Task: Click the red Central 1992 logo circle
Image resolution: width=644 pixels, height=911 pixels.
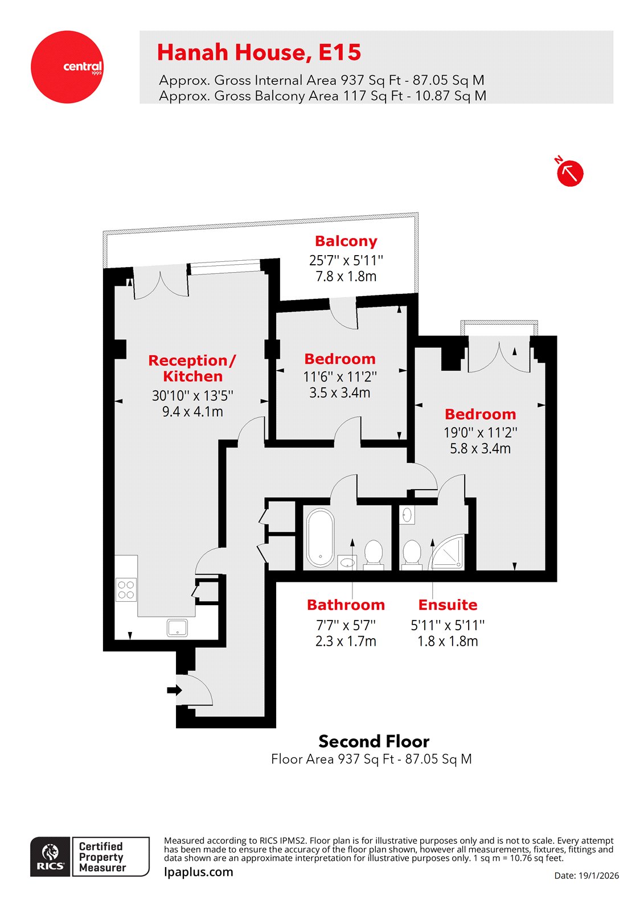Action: click(x=67, y=67)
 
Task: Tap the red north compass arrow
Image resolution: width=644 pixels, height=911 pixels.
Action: click(x=569, y=173)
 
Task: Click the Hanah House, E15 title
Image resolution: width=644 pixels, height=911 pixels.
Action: click(x=259, y=52)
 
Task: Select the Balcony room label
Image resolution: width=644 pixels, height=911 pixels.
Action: click(x=346, y=241)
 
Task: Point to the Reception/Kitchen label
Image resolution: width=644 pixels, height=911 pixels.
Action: click(x=192, y=368)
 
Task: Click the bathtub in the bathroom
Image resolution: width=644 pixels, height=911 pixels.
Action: click(x=320, y=537)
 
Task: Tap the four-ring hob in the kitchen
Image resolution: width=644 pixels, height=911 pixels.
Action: click(x=126, y=589)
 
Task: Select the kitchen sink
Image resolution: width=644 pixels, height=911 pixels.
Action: click(x=177, y=627)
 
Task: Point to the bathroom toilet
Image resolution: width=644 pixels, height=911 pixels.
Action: click(x=374, y=553)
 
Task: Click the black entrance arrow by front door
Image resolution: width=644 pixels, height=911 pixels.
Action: click(x=174, y=690)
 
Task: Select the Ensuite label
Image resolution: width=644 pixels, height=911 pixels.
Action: click(x=448, y=605)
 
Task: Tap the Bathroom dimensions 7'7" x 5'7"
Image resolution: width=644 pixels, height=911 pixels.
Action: click(x=346, y=625)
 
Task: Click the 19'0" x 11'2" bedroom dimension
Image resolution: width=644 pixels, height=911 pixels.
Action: click(x=480, y=432)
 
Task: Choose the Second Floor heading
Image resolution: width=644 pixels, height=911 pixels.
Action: click(x=374, y=741)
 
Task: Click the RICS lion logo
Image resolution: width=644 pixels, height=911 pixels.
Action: click(x=51, y=856)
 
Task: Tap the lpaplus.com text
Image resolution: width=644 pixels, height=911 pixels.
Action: click(x=198, y=872)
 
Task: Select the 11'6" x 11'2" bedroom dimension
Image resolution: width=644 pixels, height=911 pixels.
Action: click(x=339, y=376)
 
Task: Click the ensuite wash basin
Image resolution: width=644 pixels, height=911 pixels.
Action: click(x=407, y=515)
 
